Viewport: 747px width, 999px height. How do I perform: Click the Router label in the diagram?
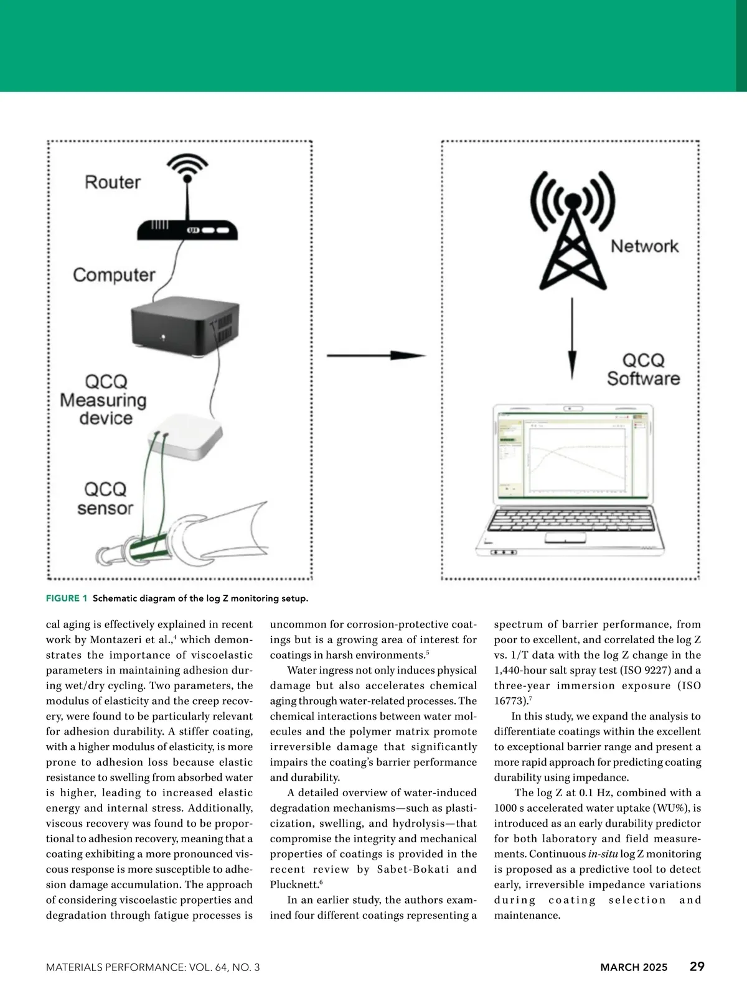tap(113, 182)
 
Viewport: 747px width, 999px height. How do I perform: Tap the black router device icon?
tap(187, 230)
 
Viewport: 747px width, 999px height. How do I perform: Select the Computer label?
tap(114, 275)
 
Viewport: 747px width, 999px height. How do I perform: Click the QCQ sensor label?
tap(105, 498)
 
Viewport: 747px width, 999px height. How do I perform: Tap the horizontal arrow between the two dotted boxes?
tap(375, 355)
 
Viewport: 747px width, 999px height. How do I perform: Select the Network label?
tap(644, 246)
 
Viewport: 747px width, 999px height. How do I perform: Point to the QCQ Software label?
tap(644, 369)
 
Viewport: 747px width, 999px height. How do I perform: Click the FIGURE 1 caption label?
tap(67, 598)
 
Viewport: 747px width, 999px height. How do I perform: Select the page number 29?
tap(697, 967)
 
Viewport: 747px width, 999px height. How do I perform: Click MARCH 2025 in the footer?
tap(633, 967)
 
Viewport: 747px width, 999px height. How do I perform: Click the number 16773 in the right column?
tap(509, 701)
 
